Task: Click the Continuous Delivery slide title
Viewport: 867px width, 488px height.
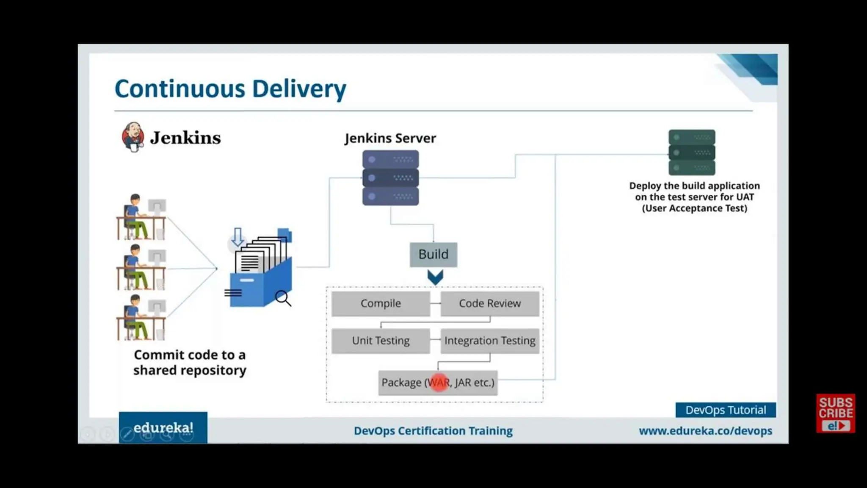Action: (x=230, y=89)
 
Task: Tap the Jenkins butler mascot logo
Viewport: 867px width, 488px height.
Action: (x=133, y=137)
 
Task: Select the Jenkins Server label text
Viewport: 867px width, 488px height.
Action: (x=390, y=138)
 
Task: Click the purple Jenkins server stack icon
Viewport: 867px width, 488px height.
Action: (x=390, y=178)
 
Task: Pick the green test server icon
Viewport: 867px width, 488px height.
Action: (x=692, y=152)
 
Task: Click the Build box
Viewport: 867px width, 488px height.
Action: (x=433, y=254)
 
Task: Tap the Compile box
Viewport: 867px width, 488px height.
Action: (x=381, y=303)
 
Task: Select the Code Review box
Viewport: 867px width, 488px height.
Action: (x=490, y=303)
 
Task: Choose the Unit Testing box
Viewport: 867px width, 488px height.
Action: (x=381, y=341)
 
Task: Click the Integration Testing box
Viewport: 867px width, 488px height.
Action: (x=490, y=341)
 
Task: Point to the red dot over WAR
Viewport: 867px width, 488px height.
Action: (x=439, y=383)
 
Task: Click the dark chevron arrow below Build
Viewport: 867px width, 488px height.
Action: (x=435, y=277)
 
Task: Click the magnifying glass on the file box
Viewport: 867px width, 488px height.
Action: (x=283, y=298)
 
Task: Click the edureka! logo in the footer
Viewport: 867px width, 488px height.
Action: (x=163, y=428)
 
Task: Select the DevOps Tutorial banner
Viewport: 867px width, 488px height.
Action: (x=726, y=410)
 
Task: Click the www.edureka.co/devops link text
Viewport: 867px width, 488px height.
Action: (x=705, y=431)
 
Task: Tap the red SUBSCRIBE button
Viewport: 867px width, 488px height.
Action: (x=835, y=413)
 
